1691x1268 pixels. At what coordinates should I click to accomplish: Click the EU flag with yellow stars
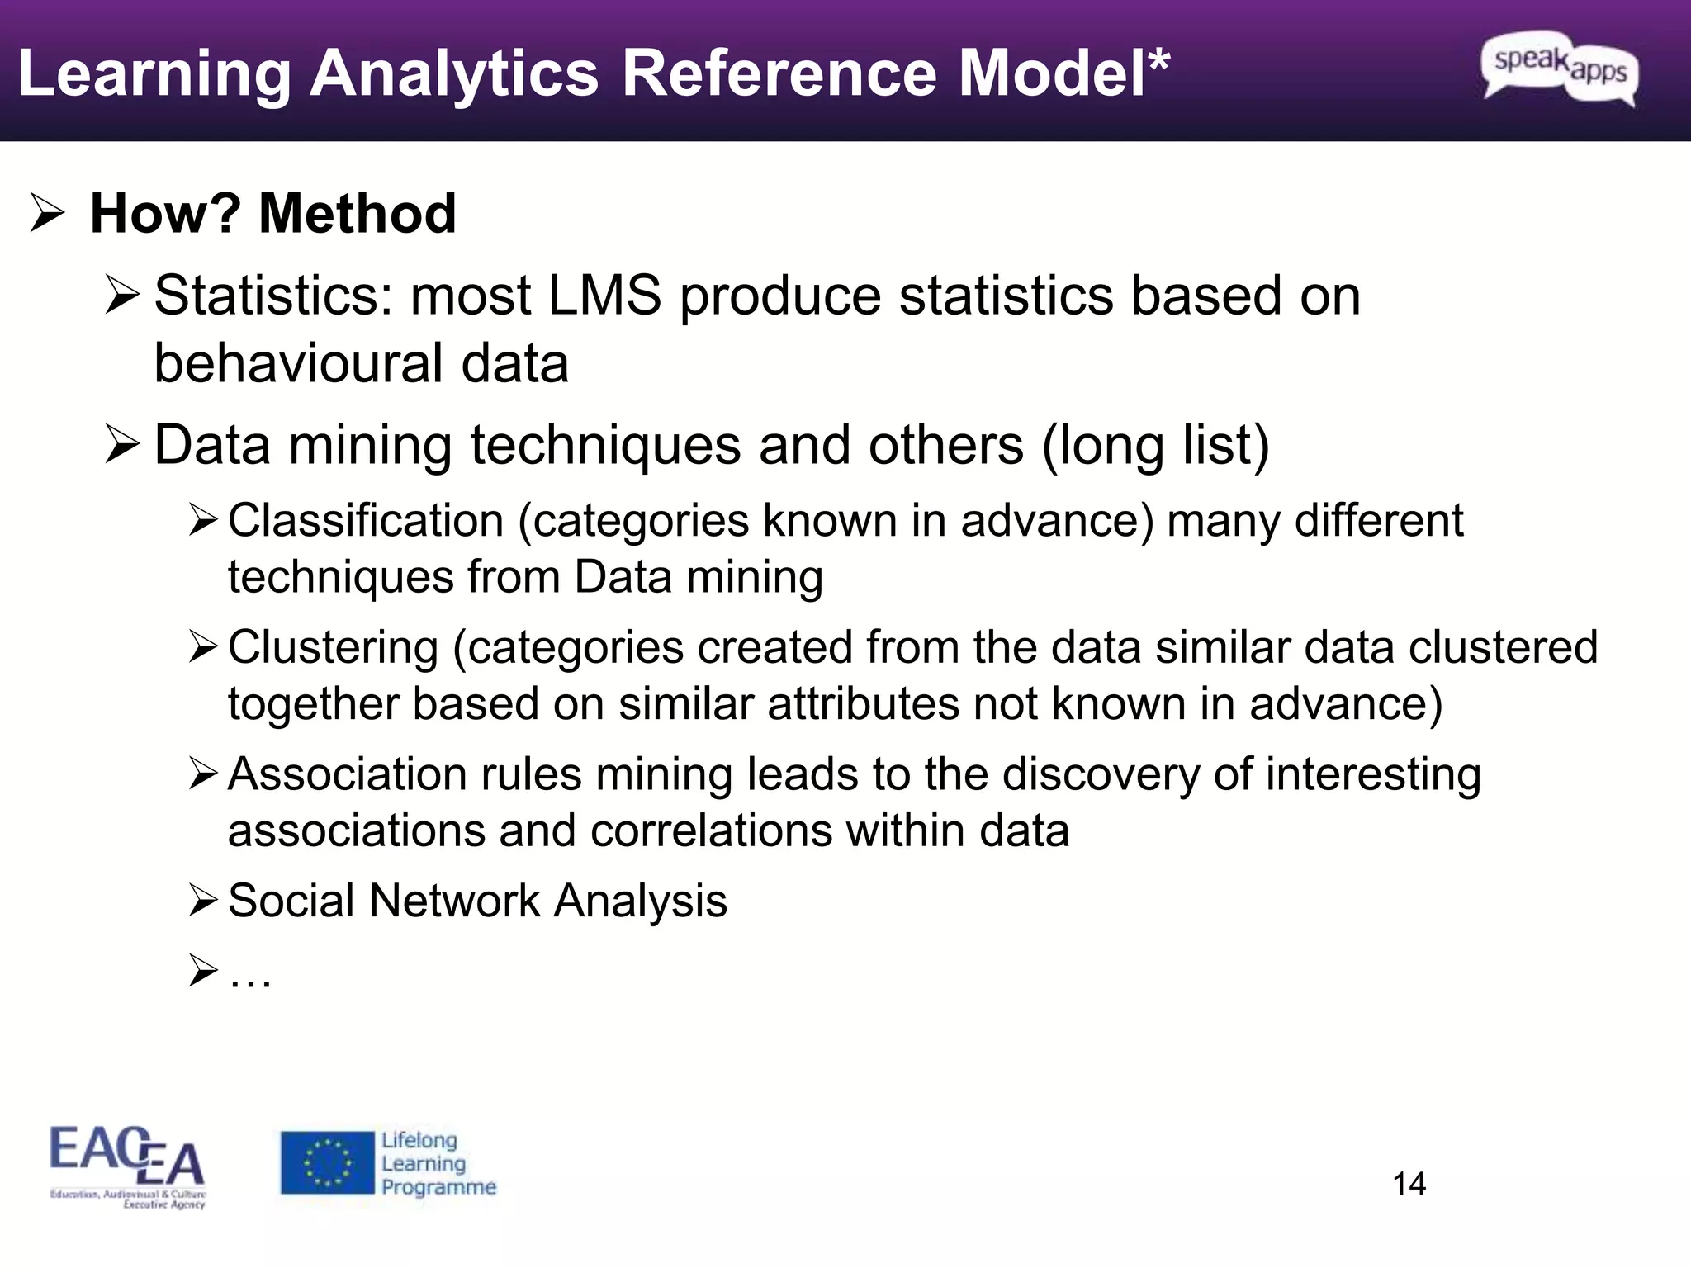tap(327, 1162)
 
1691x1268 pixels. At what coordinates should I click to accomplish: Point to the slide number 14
tap(1409, 1184)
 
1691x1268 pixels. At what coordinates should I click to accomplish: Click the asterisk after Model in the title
tap(1158, 59)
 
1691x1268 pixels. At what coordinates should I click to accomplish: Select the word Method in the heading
tap(357, 213)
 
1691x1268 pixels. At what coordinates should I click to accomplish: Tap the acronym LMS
tap(604, 296)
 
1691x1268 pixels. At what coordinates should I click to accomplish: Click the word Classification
tap(366, 521)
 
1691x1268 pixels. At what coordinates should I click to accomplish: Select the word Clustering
tap(333, 647)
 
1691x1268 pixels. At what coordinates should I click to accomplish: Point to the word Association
tap(348, 774)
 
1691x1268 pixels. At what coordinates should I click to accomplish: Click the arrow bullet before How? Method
tap(46, 213)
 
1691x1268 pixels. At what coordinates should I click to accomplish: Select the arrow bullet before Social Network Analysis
tap(202, 900)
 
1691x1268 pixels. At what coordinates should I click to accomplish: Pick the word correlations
tap(711, 830)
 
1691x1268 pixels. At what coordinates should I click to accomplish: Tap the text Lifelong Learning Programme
tap(438, 1163)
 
